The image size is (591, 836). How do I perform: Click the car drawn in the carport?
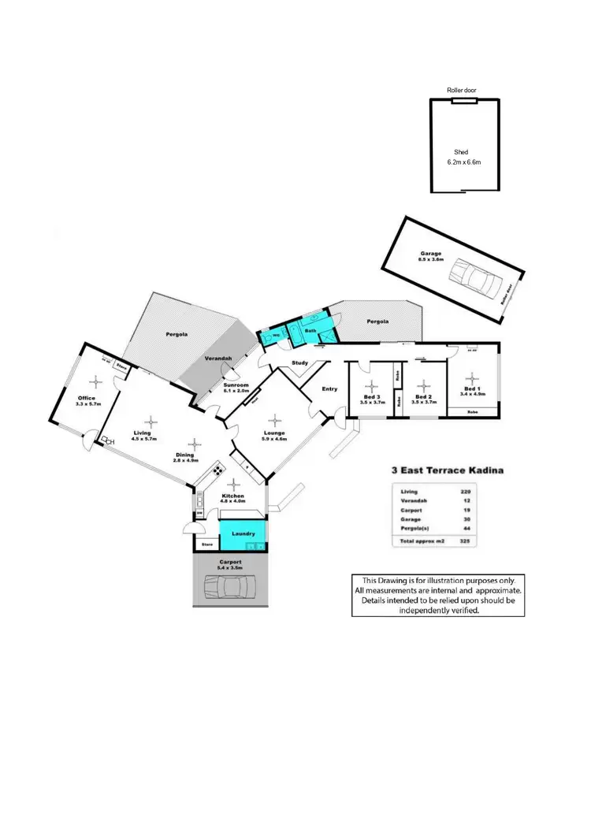point(230,587)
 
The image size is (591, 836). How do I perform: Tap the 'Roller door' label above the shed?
point(462,91)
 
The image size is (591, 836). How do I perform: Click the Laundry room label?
point(243,533)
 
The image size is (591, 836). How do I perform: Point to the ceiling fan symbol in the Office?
point(95,382)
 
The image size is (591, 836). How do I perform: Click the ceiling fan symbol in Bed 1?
point(470,377)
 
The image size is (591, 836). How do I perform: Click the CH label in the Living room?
point(110,441)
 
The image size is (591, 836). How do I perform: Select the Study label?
point(299,363)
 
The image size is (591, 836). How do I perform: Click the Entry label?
point(329,388)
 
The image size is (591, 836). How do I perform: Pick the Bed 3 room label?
point(372,396)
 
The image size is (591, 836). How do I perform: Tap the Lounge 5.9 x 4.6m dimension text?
point(273,438)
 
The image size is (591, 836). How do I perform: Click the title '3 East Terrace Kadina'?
point(448,470)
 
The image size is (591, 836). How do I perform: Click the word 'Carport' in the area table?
point(410,511)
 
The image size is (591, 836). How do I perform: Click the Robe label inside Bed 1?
point(473,412)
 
